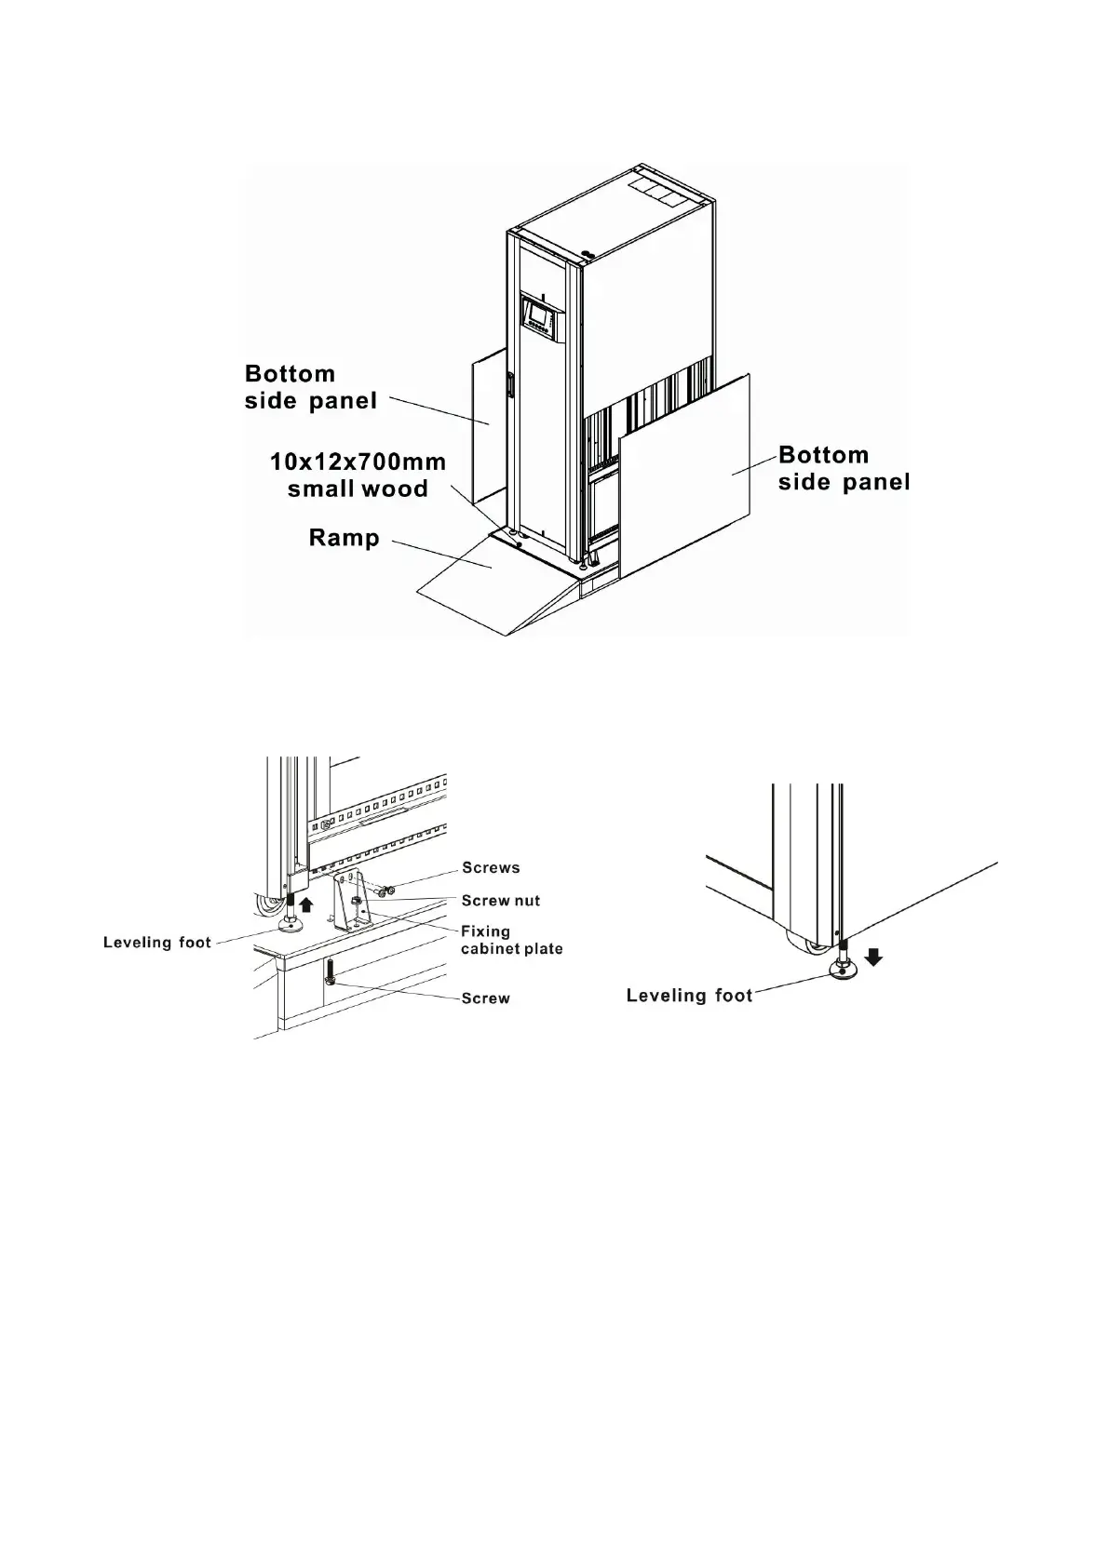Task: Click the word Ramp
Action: point(344,538)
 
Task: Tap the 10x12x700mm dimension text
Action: point(358,462)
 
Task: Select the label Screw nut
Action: point(500,900)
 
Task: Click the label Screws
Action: point(491,867)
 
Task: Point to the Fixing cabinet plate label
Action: point(511,939)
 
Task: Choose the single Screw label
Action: point(485,998)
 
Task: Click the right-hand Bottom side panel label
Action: point(843,468)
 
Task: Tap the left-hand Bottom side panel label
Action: point(310,387)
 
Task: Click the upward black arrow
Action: point(307,903)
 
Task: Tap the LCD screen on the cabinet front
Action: point(539,319)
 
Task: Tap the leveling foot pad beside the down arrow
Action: point(844,971)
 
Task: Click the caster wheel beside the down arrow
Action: point(808,944)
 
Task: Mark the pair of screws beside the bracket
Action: point(384,891)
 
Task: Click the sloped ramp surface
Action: point(484,586)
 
